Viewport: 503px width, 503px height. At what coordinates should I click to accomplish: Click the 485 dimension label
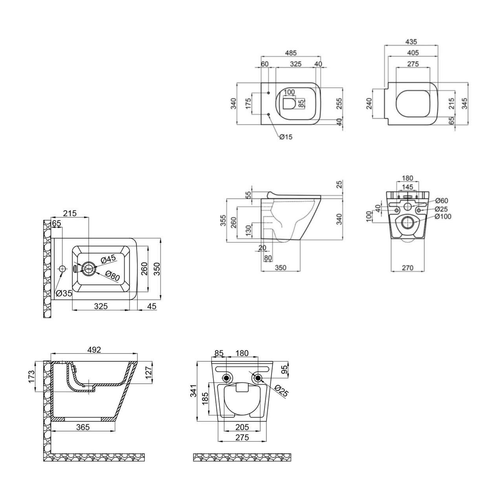point(290,53)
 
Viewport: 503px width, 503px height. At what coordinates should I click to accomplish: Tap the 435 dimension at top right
point(411,42)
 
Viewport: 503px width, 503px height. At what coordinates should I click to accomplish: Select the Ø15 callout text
point(286,137)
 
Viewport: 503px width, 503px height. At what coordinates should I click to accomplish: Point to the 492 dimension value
point(94,349)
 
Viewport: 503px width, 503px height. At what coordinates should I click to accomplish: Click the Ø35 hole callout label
point(64,294)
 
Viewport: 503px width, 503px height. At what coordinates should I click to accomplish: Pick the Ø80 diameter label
point(113,276)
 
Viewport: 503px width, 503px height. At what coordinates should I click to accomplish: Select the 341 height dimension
point(193,391)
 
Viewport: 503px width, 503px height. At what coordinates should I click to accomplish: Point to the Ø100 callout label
point(443,217)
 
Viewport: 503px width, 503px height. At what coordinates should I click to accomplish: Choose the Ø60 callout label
point(442,200)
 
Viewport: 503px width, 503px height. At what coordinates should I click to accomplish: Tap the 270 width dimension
point(408,268)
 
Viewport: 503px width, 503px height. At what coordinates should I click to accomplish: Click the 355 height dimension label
point(223,220)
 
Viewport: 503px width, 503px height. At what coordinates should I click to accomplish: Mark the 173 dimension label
point(31,377)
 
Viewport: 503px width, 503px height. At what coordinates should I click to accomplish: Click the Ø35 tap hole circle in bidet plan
point(62,269)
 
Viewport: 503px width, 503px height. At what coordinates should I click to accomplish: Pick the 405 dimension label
point(413,53)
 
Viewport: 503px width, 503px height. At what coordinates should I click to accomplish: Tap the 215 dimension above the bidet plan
point(70,213)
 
